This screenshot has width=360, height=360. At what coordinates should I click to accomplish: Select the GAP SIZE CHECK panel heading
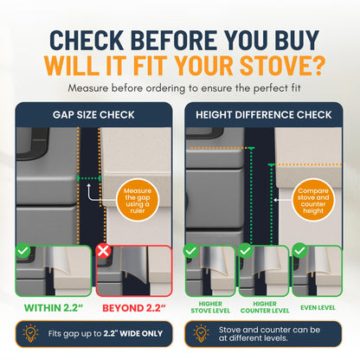click(93, 115)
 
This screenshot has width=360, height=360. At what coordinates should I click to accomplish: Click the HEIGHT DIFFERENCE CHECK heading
click(264, 115)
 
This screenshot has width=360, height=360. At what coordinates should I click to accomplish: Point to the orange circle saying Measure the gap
click(138, 200)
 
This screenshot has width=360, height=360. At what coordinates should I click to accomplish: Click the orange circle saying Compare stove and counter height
click(313, 200)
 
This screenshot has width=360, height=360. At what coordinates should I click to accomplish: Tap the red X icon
click(103, 250)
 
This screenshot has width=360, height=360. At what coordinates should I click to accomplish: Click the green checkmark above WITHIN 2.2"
click(23, 250)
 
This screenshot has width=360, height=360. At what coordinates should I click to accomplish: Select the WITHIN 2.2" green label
click(54, 308)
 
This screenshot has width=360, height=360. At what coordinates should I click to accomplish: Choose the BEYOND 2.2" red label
click(134, 308)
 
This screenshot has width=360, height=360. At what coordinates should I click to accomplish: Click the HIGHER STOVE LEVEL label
click(210, 307)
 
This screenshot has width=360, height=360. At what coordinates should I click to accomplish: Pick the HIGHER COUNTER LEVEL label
click(265, 307)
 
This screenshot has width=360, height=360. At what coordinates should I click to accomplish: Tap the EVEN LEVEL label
click(318, 308)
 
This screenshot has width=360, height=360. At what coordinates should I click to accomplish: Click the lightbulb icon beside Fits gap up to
click(30, 333)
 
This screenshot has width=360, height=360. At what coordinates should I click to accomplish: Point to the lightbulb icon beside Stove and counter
click(201, 333)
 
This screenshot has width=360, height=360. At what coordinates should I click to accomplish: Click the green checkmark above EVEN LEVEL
click(300, 250)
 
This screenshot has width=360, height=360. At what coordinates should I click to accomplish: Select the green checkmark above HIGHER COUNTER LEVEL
click(245, 250)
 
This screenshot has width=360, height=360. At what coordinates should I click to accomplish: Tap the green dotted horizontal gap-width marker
click(89, 178)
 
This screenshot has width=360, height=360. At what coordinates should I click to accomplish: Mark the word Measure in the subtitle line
click(87, 88)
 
